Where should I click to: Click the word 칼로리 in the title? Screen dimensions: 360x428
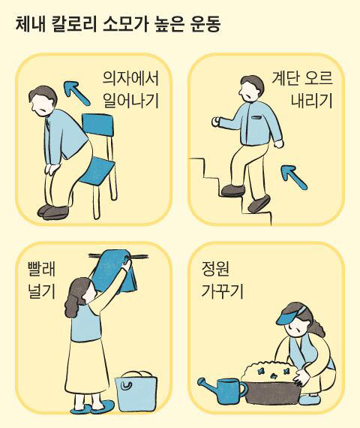73,25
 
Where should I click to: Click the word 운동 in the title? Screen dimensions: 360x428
205,25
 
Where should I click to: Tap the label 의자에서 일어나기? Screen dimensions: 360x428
131,90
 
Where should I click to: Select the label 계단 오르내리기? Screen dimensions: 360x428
302,90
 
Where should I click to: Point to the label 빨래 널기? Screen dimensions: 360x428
42,280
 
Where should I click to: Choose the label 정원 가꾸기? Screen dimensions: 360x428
222,280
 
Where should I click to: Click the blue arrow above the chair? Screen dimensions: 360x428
76,93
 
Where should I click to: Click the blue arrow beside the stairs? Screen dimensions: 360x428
294,177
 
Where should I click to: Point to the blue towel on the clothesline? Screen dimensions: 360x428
113,271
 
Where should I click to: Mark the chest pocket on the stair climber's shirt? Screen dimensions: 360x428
256,118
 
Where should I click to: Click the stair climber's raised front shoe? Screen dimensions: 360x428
233,190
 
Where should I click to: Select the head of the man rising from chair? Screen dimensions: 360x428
43,101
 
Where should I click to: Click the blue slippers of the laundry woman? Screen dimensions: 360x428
93,407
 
